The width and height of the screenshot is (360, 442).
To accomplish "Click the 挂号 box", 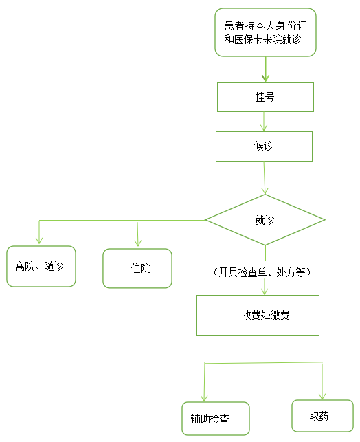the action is point(265,97).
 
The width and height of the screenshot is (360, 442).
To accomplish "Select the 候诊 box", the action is point(265,146).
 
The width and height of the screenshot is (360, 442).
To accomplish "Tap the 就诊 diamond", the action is point(265,220).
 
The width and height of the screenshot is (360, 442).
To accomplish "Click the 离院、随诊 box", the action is point(41,267).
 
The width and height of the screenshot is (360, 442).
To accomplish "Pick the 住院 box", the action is point(137,268).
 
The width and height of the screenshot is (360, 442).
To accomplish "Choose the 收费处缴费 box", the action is point(258,316).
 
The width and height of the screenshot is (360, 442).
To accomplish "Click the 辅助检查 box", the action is point(216,419).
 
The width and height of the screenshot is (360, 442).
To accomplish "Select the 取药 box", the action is point(322,416).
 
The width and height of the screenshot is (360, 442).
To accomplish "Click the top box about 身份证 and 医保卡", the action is point(266,32).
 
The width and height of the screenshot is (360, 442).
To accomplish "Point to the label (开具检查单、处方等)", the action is point(262,272).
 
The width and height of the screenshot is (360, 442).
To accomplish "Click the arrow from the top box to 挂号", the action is point(265,69).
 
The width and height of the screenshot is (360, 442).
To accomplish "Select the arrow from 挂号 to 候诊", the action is point(264,122).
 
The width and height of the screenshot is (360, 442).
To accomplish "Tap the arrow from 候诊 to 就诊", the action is point(265,178).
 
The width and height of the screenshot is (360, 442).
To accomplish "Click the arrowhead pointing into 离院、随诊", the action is point(39,240).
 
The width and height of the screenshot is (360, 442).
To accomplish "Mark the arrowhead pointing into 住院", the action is point(138,243).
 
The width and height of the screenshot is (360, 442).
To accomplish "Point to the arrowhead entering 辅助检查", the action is point(204,399).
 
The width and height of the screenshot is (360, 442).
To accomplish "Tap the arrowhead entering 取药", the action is point(322,396).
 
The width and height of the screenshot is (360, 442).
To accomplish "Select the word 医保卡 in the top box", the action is point(244,39).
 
